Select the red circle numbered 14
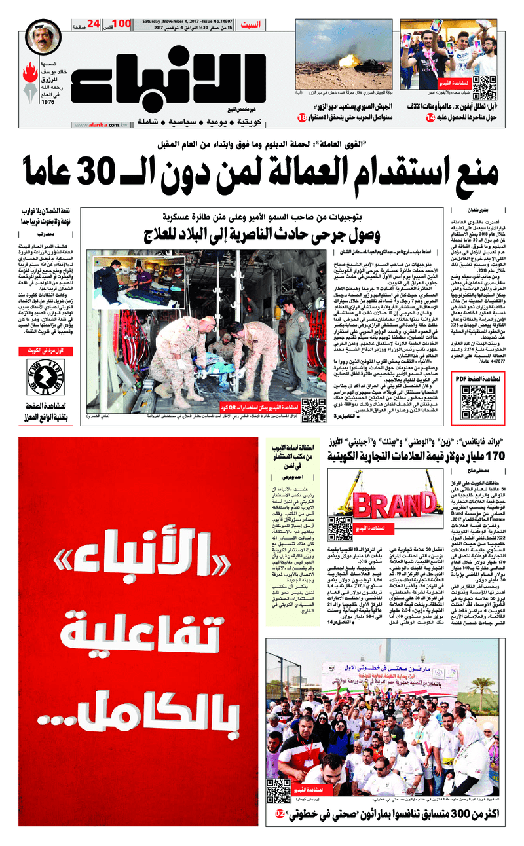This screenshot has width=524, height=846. [430, 118]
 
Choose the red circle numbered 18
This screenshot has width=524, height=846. [301, 118]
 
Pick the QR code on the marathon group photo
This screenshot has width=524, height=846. [278, 790]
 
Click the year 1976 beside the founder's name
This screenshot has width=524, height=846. [47, 102]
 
